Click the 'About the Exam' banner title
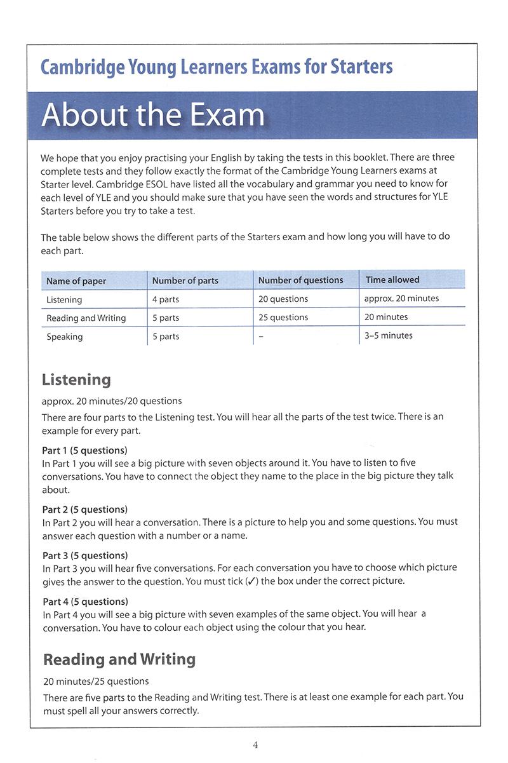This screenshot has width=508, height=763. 153,115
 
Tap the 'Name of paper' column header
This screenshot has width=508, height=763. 76,281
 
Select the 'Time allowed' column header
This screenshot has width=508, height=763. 392,280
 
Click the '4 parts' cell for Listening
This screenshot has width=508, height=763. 166,299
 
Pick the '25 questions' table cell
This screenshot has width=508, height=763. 283,317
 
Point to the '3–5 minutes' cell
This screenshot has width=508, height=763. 389,335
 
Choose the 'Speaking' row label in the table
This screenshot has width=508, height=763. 65,337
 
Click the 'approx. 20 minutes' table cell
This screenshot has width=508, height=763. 401,298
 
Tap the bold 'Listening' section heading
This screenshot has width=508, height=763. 76,380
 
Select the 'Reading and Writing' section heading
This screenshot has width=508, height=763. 119,659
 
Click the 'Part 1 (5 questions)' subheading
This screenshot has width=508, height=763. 85,450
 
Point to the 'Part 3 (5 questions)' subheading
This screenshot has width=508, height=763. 85,555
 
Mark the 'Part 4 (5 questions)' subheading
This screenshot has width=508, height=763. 86,601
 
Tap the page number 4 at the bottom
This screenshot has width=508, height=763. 255,745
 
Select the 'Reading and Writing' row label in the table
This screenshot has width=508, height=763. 86,318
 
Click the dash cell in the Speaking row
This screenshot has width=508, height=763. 261,336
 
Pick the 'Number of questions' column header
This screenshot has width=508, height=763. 300,280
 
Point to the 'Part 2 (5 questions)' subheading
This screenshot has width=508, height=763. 85,509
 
